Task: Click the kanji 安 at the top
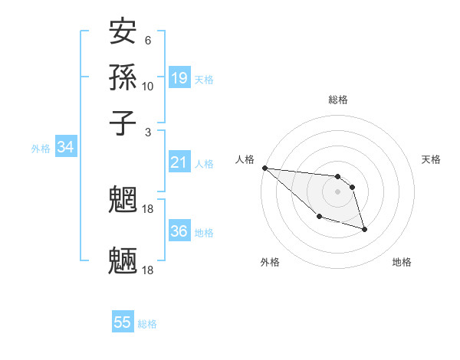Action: click(x=123, y=32)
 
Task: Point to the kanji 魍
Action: click(x=123, y=201)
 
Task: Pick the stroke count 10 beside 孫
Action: click(x=148, y=86)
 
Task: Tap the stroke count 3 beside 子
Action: click(x=147, y=132)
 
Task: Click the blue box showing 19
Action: click(x=179, y=77)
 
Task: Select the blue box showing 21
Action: click(x=179, y=162)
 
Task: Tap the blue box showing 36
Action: click(x=179, y=231)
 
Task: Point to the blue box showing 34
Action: click(x=65, y=147)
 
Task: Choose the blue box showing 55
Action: click(x=123, y=322)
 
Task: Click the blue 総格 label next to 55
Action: click(x=147, y=324)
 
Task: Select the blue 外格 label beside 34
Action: click(x=41, y=149)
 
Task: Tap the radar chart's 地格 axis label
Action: click(x=402, y=262)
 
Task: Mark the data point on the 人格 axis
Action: click(x=264, y=168)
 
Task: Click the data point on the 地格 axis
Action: click(x=364, y=229)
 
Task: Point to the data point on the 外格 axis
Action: click(x=319, y=217)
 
